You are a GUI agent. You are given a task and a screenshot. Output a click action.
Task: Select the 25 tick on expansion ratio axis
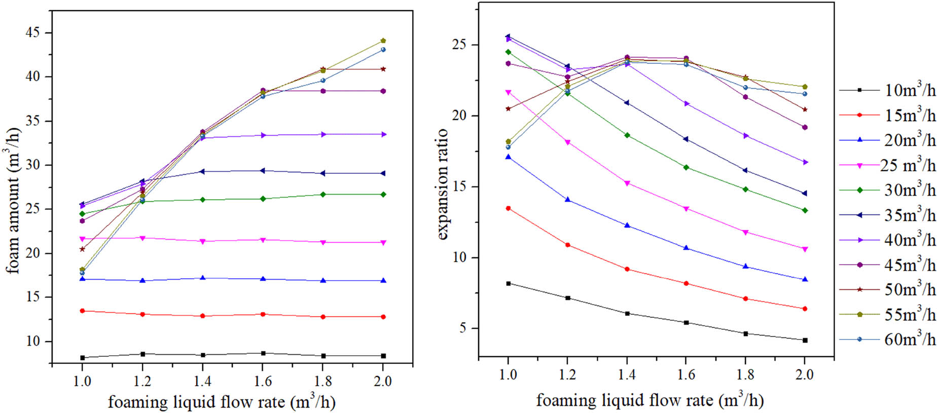pos(459,45)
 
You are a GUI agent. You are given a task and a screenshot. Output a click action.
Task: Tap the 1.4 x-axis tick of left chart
pos(202,381)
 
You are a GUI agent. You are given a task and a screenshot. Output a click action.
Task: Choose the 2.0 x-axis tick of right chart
pos(804,374)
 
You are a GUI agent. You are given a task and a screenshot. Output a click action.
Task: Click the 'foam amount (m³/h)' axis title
pos(14,200)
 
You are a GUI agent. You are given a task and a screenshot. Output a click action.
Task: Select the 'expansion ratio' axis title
pos(442,184)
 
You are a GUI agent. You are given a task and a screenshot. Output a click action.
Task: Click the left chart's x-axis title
pos(222,402)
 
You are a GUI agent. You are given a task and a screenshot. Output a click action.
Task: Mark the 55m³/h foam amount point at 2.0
pos(383,41)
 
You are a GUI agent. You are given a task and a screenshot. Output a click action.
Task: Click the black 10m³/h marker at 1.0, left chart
pos(82,358)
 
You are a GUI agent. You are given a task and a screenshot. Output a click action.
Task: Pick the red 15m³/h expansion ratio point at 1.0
pos(508,208)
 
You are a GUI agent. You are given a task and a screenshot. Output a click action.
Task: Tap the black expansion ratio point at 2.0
pos(805,341)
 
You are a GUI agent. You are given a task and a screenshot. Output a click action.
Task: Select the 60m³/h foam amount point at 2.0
pos(383,50)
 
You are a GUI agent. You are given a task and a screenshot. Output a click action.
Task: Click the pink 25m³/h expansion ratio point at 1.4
pos(627,183)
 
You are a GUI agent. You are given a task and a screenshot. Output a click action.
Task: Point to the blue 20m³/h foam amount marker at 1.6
pos(263,279)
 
